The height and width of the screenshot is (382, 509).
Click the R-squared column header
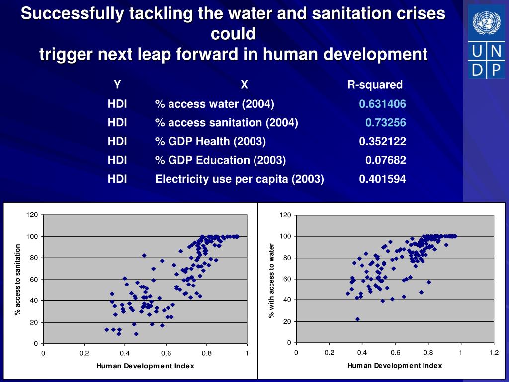375,85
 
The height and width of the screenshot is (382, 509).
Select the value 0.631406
382,104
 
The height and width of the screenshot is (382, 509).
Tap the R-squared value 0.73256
385,123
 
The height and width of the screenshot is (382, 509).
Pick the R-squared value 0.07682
385,160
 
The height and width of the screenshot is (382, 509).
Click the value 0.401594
382,179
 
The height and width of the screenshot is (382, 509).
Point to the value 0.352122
382,142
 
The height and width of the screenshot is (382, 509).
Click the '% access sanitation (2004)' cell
226,123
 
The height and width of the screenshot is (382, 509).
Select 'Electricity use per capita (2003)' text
240,179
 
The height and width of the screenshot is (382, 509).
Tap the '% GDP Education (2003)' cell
220,160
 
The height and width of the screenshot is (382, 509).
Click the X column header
244,85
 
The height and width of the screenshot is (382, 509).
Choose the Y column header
117,85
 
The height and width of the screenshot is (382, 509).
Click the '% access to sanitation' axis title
18,279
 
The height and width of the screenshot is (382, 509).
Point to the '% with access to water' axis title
271,281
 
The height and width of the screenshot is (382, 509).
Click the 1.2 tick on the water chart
494,353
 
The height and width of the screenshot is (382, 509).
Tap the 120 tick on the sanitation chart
32,215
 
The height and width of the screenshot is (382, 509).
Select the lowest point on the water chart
357,319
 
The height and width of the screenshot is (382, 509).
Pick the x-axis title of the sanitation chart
145,366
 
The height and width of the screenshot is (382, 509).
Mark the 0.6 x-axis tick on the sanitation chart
166,353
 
